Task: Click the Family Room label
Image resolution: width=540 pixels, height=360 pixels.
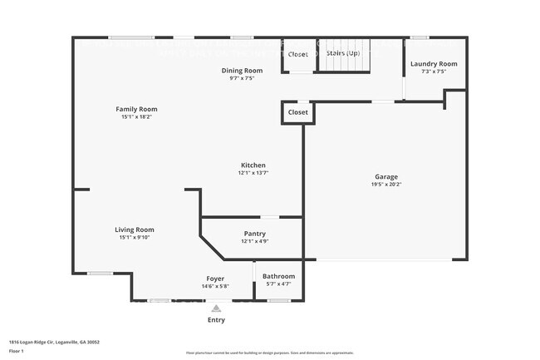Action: (136, 109)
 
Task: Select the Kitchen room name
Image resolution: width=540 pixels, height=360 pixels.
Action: (253, 165)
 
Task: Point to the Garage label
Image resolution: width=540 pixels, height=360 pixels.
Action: (386, 176)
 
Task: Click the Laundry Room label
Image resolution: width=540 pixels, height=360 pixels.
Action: (434, 64)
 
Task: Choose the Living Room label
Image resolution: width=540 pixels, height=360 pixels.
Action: (135, 229)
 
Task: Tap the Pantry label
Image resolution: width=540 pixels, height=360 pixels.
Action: (254, 234)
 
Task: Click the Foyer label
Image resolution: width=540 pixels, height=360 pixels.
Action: (215, 278)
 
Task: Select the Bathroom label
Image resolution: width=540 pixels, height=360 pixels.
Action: (278, 276)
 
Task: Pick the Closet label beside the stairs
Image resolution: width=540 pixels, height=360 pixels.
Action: (297, 54)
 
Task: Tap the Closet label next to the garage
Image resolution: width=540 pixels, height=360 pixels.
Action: (297, 111)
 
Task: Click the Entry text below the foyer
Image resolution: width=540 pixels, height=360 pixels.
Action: (215, 319)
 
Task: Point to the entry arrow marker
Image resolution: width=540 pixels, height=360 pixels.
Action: (216, 308)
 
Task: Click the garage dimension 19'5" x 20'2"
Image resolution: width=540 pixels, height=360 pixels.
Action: (386, 185)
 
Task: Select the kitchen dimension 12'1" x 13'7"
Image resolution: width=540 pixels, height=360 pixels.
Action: (253, 173)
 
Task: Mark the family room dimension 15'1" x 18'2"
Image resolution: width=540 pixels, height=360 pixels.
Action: (136, 117)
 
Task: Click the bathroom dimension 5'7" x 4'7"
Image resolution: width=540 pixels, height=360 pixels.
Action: (278, 284)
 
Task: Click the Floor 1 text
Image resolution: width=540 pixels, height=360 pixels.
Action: (17, 351)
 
